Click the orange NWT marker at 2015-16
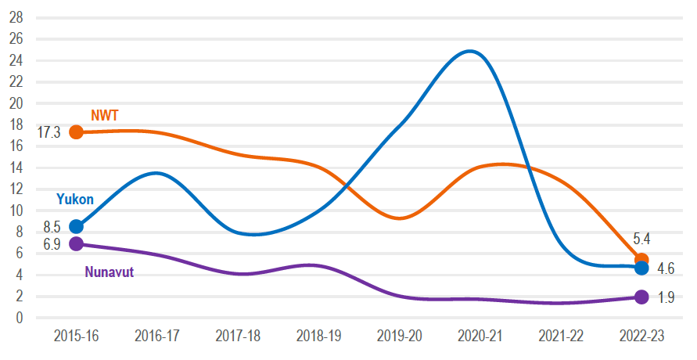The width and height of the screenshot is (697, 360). point(76,132)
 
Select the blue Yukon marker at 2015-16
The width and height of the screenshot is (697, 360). point(76,227)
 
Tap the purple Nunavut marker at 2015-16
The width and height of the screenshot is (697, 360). point(76,243)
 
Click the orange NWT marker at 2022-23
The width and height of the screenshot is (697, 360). point(641,260)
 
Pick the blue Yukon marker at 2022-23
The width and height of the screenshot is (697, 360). point(641,268)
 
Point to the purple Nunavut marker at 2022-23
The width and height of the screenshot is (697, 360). point(641,297)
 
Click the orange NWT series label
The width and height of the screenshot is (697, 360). point(104,116)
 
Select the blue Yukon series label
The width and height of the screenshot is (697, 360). point(75,200)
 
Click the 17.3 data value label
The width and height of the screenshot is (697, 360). point(49,133)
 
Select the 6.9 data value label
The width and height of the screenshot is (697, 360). point(52,245)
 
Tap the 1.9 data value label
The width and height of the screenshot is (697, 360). point(666,298)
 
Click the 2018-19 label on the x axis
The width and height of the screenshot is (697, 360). point(318,337)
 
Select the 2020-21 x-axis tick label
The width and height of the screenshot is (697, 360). point(480,337)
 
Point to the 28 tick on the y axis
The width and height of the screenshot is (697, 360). point(16,17)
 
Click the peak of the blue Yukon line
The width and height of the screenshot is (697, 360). point(469,52)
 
